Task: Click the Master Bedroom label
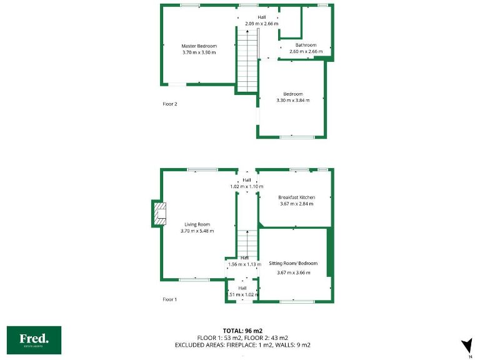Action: coord(199,46)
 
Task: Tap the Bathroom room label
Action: coord(306,45)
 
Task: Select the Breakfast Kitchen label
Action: coord(297,197)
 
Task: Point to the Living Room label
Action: coord(197,224)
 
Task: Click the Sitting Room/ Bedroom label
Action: coord(293,264)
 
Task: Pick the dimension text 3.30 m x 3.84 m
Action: coord(293,101)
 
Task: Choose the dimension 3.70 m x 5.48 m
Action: coord(197,231)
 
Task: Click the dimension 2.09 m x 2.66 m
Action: coord(262,24)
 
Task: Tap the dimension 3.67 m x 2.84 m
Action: coord(297,204)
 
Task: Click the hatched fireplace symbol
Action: coord(160,213)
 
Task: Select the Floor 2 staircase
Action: coord(247,56)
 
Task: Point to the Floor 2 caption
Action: coord(170,104)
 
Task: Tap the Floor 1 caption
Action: coord(170,300)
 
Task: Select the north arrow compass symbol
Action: coord(466,346)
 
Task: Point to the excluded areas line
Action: coord(254,345)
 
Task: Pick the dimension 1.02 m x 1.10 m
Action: coord(247,186)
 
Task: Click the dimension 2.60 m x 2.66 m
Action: coord(306,51)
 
